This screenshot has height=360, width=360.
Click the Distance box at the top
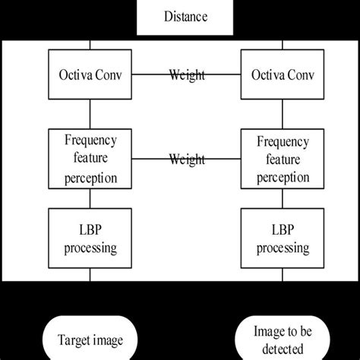point(179,16)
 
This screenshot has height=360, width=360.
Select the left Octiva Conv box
point(90,75)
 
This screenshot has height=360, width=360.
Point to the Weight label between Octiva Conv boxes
point(186,75)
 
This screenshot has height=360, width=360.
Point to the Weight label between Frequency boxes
point(186,159)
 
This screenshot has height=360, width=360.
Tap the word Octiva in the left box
point(75,75)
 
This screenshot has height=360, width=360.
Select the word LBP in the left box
point(90,230)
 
